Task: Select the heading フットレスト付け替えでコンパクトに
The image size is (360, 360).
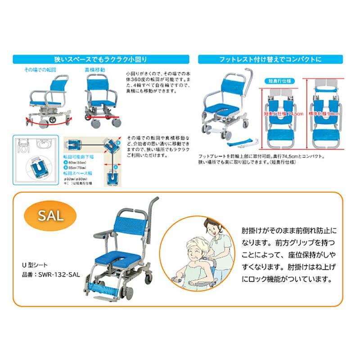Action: tap(270, 59)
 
